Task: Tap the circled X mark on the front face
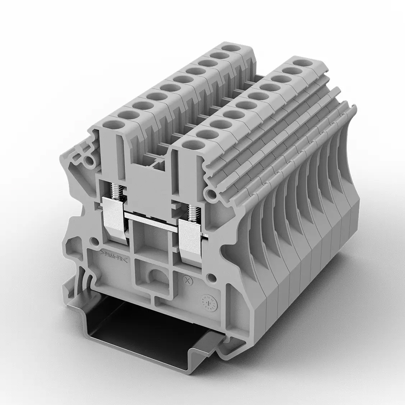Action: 187,279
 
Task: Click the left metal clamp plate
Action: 115,219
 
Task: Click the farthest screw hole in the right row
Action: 300,63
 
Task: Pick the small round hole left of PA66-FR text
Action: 94,242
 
